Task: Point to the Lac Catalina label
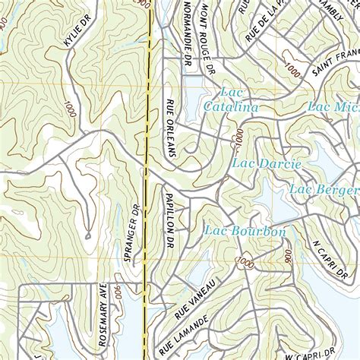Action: pyautogui.click(x=230, y=102)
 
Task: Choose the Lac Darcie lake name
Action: pyautogui.click(x=267, y=163)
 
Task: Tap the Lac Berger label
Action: pyautogui.click(x=325, y=188)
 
